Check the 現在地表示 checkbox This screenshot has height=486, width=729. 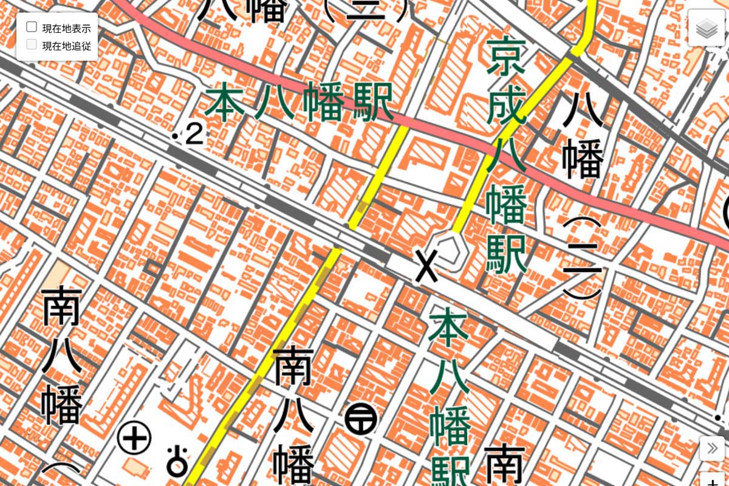tap(32, 27)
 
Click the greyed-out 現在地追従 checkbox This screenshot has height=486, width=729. tap(32, 44)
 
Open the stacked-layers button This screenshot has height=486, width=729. tap(707, 28)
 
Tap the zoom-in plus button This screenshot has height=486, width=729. tap(713, 480)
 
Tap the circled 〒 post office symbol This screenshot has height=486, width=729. tap(361, 419)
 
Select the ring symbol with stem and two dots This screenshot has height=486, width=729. tap(177, 461)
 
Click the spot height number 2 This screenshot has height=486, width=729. tap(194, 135)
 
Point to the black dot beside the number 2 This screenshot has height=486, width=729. tap(176, 135)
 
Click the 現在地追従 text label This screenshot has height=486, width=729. tap(66, 45)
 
